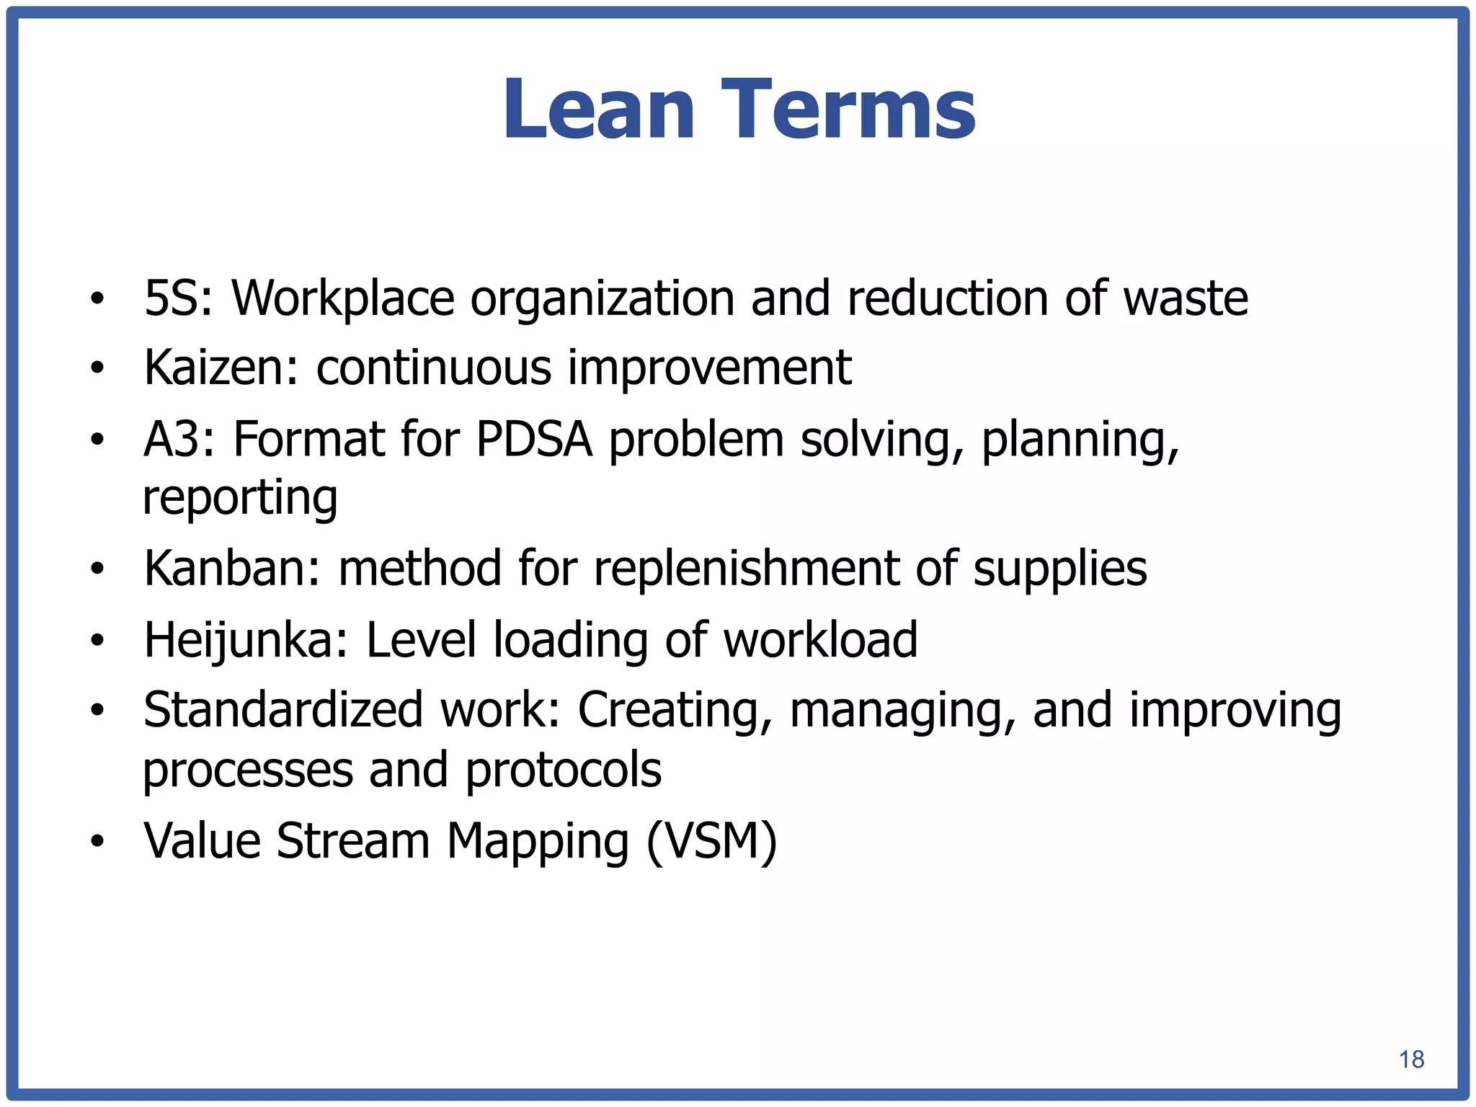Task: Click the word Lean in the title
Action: (598, 110)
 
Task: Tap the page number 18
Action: (1411, 1059)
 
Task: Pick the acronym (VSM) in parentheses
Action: (711, 841)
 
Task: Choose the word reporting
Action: (240, 498)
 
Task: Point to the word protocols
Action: (563, 770)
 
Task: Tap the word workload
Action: (820, 640)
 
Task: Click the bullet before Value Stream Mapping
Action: (97, 841)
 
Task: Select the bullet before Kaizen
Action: (97, 369)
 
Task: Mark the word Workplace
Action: (343, 298)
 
